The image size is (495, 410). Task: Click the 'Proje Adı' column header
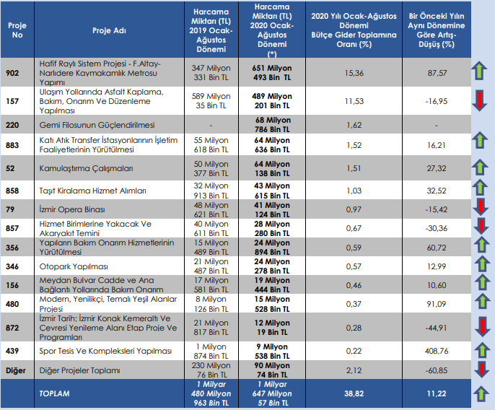(109, 30)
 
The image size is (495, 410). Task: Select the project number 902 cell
(12, 73)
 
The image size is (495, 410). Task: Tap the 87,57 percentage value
(437, 73)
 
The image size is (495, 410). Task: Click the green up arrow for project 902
(479, 71)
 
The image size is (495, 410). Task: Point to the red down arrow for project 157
(480, 101)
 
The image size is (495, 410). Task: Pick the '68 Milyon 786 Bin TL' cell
(272, 125)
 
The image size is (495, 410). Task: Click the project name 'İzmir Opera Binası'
(72, 209)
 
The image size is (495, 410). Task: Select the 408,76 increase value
(437, 351)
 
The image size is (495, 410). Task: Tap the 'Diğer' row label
(15, 370)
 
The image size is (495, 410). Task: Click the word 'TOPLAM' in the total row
(54, 393)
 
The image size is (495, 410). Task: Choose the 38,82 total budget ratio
(354, 393)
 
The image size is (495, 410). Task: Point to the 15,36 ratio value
(354, 73)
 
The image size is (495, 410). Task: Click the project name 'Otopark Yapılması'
(74, 266)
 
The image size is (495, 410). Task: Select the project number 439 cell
(12, 351)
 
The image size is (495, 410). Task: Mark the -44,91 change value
(436, 328)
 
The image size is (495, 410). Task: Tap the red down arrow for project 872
(482, 327)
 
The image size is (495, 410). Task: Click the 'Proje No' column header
(17, 30)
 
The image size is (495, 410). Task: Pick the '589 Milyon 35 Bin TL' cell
(211, 101)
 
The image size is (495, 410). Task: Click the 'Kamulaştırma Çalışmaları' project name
(86, 168)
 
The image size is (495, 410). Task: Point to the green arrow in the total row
(481, 393)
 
